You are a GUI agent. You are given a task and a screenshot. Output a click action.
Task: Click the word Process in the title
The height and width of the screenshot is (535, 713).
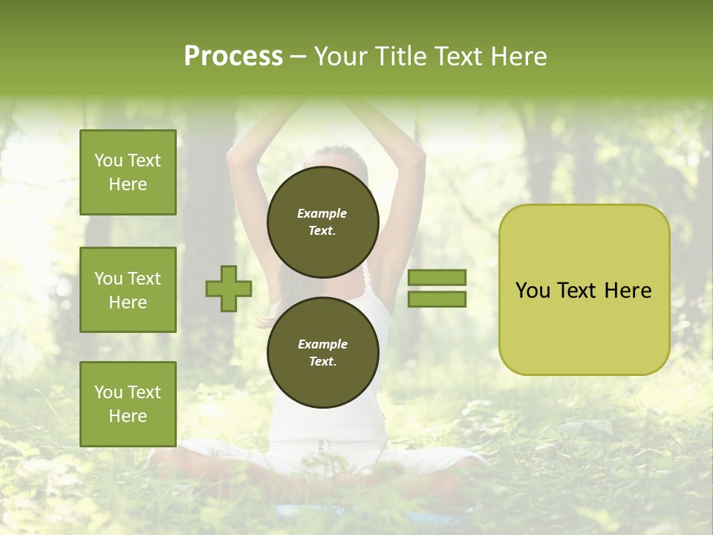(x=233, y=56)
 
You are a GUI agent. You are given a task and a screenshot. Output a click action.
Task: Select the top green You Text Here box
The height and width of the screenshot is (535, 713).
(x=128, y=172)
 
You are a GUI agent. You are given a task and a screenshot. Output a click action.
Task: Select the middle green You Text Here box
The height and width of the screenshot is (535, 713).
(x=128, y=290)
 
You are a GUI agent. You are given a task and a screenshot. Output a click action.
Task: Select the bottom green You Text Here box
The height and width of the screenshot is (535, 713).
(x=128, y=404)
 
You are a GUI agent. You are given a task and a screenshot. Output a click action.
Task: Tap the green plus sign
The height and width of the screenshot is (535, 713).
(x=229, y=288)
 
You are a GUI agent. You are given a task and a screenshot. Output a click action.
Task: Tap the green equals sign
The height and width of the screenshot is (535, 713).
(x=437, y=288)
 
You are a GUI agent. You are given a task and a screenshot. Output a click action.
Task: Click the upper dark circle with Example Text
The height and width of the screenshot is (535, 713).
(x=322, y=221)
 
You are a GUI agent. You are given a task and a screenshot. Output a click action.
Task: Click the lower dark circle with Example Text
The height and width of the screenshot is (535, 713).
(x=322, y=352)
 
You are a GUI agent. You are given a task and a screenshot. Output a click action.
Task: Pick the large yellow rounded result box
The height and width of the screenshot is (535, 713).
(x=584, y=290)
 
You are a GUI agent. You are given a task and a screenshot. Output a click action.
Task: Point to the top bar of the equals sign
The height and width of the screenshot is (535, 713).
(x=437, y=278)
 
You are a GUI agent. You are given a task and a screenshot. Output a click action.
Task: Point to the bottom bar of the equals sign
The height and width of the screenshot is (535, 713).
(x=437, y=299)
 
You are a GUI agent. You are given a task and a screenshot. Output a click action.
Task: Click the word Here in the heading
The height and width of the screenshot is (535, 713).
(x=518, y=56)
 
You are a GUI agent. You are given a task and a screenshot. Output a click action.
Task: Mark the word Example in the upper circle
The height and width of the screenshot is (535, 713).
(x=322, y=213)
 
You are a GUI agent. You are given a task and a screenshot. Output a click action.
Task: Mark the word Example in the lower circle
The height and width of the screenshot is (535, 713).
(x=322, y=344)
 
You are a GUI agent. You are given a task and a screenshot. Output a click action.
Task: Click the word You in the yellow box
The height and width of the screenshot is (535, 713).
(x=533, y=291)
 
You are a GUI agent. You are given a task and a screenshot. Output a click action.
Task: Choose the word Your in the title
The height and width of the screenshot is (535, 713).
(x=339, y=56)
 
